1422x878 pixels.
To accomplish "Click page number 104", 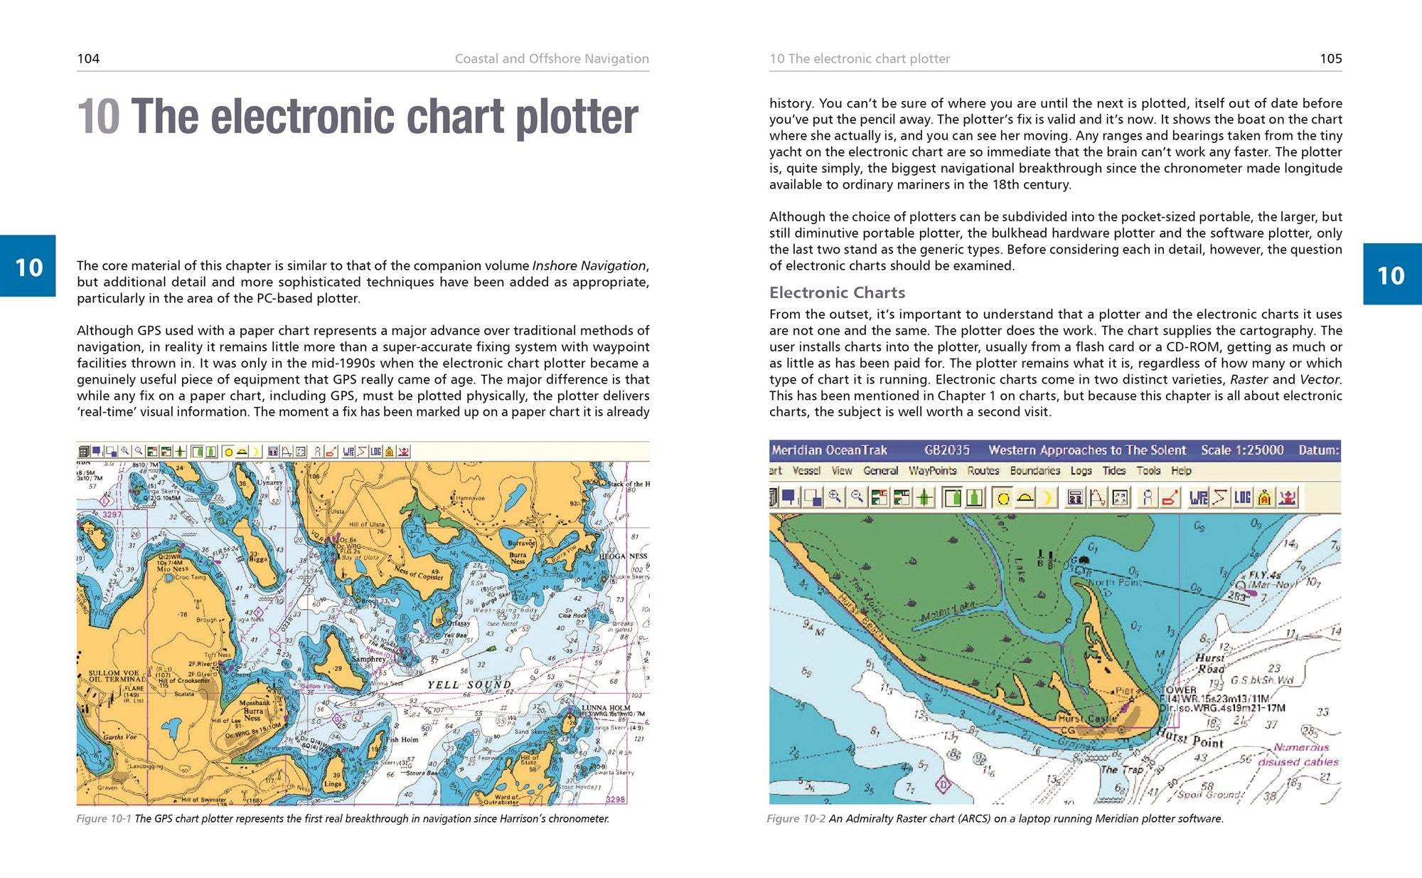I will coord(88,58).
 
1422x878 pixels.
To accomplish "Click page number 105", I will coord(1330,58).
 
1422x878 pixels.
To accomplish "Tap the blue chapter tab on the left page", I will coord(28,266).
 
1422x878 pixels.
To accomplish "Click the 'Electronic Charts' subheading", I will coord(837,292).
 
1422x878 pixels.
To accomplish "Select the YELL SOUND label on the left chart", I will coord(469,684).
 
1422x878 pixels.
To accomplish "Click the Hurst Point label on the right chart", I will coord(1191,738).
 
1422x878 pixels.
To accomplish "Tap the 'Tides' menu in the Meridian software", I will coord(1113,470).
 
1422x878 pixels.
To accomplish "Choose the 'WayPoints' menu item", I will coord(932,470).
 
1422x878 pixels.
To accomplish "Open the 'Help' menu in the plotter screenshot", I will coord(1181,470).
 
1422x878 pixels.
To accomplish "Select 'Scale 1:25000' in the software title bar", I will coord(1242,450).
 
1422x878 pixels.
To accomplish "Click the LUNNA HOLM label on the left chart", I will coord(605,708).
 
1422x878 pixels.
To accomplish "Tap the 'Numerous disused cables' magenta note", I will coord(1299,754).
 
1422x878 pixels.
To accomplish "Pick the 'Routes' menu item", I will coord(983,470).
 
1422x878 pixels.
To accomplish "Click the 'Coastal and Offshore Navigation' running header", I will coord(552,58).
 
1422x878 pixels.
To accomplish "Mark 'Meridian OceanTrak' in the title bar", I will coord(829,450).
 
